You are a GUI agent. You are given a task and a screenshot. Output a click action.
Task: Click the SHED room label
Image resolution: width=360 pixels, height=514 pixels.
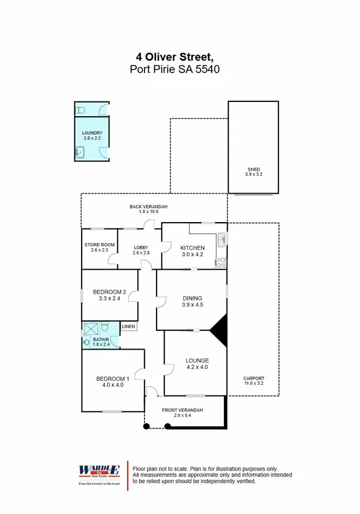pyautogui.click(x=253, y=169)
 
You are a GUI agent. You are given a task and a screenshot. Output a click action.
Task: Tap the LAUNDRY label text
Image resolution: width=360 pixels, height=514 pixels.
pyautogui.click(x=92, y=133)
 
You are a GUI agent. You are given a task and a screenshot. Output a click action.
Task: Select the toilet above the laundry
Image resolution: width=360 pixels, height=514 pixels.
pyautogui.click(x=81, y=109)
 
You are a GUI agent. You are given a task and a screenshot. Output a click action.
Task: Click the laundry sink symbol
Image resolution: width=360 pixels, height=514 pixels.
pyautogui.click(x=80, y=152)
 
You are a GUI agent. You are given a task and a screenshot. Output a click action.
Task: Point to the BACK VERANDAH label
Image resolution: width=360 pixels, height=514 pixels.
pyautogui.click(x=149, y=207)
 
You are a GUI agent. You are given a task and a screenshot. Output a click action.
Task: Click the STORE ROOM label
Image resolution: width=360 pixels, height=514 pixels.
pyautogui.click(x=100, y=245)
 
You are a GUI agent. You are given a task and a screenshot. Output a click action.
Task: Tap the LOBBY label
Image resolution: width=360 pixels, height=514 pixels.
pyautogui.click(x=141, y=248)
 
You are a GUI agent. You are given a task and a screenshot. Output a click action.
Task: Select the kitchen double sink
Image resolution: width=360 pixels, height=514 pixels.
pyautogui.click(x=221, y=240)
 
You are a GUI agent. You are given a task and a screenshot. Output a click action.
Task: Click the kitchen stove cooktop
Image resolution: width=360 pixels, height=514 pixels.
pyautogui.click(x=221, y=262)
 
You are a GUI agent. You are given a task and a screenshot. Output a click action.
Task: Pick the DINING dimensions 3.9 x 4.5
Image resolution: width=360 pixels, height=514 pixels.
pyautogui.click(x=192, y=305)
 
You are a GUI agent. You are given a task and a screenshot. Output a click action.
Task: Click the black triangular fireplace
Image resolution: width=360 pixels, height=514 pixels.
pyautogui.click(x=220, y=329)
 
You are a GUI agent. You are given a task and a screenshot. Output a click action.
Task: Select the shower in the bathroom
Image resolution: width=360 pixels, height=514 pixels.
pyautogui.click(x=91, y=329)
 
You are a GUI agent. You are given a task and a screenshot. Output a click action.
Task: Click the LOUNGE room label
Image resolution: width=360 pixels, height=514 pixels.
pyautogui.click(x=197, y=360)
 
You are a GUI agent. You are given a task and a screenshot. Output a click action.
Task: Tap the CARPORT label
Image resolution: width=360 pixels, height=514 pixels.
pyautogui.click(x=253, y=379)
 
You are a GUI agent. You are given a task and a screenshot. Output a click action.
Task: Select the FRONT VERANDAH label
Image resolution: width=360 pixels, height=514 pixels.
pyautogui.click(x=182, y=410)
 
